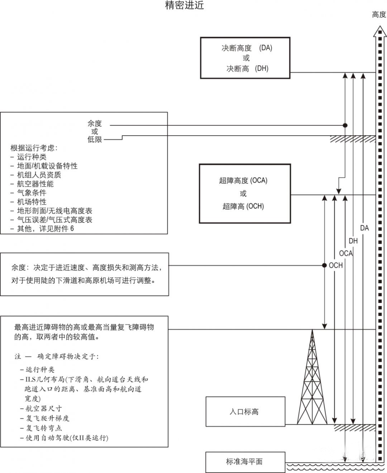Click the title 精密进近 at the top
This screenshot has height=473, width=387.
pos(185,5)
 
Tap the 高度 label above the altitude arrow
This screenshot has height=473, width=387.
pos(379,15)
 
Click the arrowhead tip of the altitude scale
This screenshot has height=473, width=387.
pos(380,26)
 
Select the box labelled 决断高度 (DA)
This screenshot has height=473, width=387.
pos(245,58)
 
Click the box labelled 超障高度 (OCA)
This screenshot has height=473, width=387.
pos(245,194)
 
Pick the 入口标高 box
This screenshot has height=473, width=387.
pos(245,411)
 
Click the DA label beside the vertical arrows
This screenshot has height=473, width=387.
pos(364,228)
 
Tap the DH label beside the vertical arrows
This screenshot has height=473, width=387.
pos(353,241)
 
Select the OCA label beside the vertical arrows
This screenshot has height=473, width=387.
pos(346,253)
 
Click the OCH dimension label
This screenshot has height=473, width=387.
pos(336,265)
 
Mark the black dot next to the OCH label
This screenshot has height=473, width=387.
pos(324,265)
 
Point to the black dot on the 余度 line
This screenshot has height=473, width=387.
pos(345,125)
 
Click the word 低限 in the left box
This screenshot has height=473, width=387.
pos(95,140)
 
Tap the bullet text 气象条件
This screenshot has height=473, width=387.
pos(32,192)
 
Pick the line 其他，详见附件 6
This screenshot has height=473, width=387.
pos(46,229)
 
